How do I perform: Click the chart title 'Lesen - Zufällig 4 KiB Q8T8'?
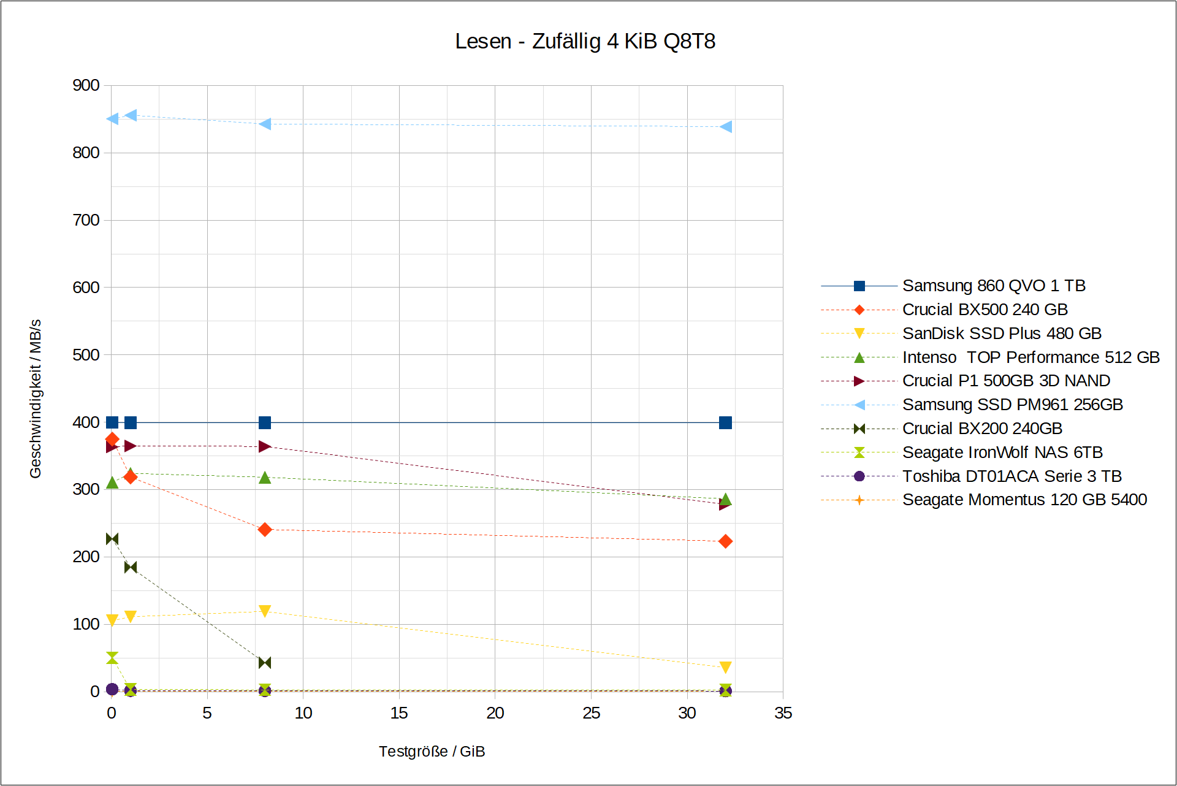[x=585, y=41]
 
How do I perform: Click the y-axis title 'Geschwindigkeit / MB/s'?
[x=36, y=399]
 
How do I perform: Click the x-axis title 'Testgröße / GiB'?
[x=432, y=751]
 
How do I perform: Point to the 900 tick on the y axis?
[x=86, y=85]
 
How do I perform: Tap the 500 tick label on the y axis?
[x=86, y=355]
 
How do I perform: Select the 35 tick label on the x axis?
[x=783, y=713]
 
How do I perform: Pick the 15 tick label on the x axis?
[x=399, y=713]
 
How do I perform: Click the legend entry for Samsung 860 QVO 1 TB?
[x=993, y=286]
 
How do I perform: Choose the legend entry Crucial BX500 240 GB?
[x=985, y=310]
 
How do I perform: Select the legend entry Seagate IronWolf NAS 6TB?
[x=1002, y=452]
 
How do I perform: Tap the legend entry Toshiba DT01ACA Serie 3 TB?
[x=1011, y=476]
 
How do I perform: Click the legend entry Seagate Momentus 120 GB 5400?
[x=1024, y=500]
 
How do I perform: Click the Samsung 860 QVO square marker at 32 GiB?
[x=725, y=422]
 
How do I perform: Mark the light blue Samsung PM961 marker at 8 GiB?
[x=265, y=124]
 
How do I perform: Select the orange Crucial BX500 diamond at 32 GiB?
[x=725, y=541]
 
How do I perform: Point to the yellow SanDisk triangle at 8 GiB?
[x=265, y=611]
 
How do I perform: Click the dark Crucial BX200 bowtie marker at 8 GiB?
[x=265, y=663]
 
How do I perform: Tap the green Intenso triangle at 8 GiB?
[x=265, y=477]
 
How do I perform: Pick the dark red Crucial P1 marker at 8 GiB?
[x=265, y=446]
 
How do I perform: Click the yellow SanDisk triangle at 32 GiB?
[x=725, y=667]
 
